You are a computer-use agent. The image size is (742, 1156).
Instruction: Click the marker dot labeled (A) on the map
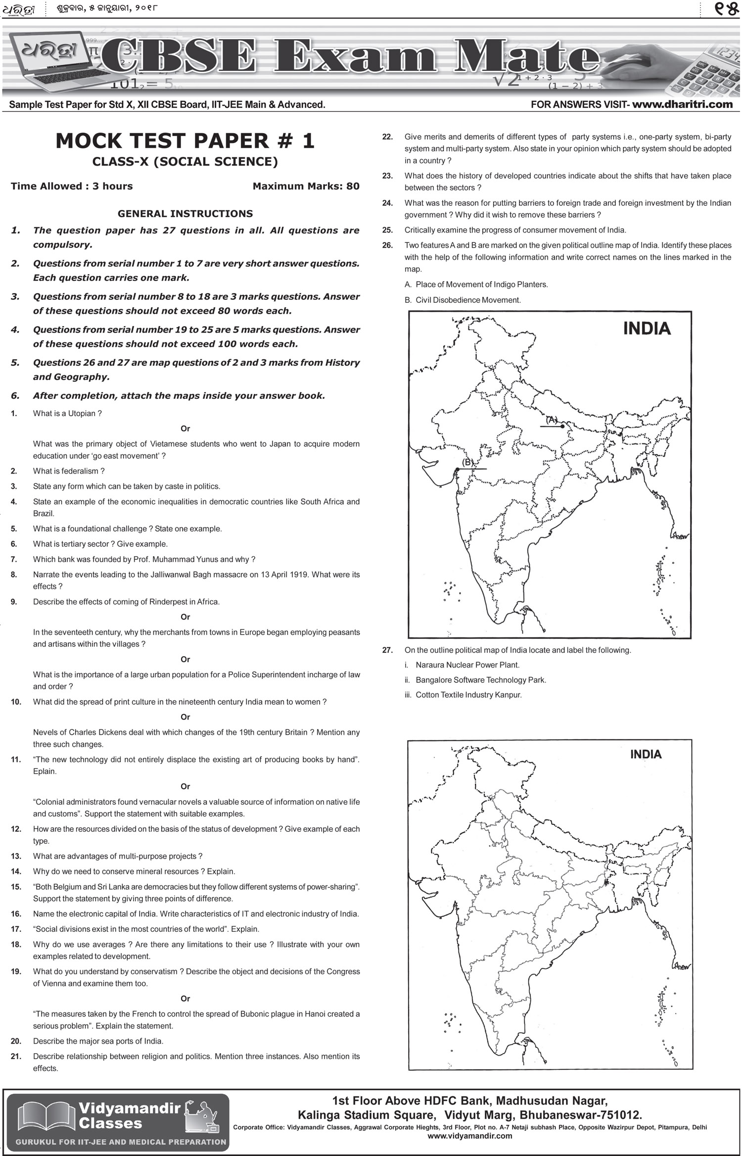562,426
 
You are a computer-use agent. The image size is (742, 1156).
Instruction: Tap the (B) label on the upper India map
467,462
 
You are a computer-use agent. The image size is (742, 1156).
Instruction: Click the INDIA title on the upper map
647,329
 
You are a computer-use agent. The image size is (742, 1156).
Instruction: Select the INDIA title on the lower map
646,754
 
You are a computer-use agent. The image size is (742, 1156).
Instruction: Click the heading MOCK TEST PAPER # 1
185,141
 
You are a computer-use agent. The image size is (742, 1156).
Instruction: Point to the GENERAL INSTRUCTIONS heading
185,214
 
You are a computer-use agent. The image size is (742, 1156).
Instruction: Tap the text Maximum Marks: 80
306,187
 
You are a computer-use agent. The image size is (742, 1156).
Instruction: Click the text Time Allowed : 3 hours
72,187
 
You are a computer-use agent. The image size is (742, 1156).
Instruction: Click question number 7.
14,559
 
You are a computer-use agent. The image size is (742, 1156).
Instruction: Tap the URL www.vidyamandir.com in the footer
469,1136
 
